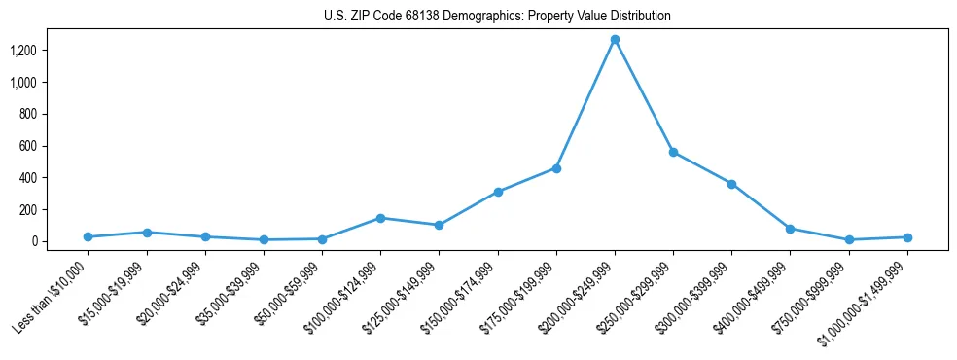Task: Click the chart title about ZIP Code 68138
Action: (497, 17)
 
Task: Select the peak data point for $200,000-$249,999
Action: (615, 39)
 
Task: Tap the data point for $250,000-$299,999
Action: (673, 152)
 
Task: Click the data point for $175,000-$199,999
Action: (556, 168)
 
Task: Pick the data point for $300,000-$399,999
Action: (731, 184)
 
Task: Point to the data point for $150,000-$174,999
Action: (498, 192)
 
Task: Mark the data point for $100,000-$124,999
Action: (380, 218)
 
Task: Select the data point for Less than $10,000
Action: (88, 236)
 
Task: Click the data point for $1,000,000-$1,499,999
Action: (907, 237)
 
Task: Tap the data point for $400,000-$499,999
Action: (790, 229)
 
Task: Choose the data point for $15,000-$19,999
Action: (146, 233)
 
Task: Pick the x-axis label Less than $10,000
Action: (52, 296)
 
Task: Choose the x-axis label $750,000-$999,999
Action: (812, 297)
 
